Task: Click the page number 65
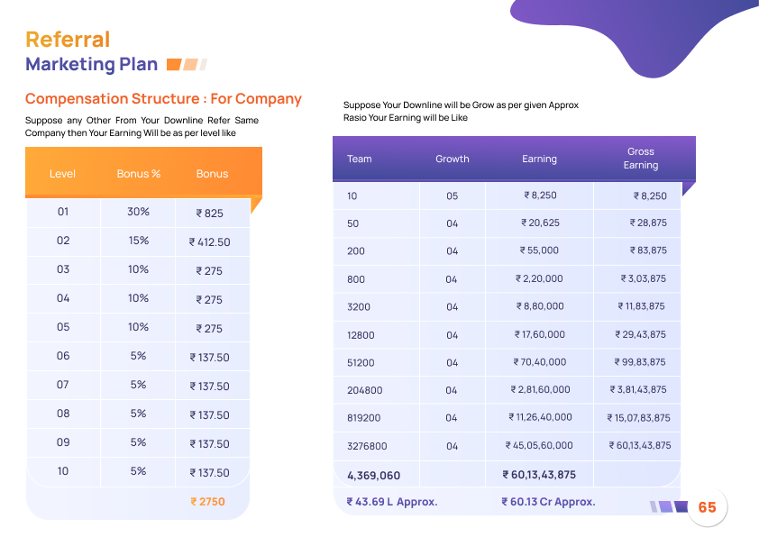point(707,507)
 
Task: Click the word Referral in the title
point(68,40)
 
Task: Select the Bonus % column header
point(138,174)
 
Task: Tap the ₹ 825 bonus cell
point(209,214)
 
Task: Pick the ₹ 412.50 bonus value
point(209,242)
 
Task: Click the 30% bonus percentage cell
point(138,213)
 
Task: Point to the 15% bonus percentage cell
point(138,241)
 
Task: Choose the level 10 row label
point(63,472)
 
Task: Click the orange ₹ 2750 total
point(207,502)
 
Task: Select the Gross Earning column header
point(641,159)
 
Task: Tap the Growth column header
point(453,159)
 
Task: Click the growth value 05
point(453,196)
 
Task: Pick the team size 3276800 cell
point(367,446)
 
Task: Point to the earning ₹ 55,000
point(539,250)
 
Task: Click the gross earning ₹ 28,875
point(648,223)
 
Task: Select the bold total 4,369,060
point(373,475)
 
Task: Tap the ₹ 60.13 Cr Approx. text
point(548,502)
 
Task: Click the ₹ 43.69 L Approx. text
point(392,502)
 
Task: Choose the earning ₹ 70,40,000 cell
point(539,362)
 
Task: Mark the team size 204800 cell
point(364,390)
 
